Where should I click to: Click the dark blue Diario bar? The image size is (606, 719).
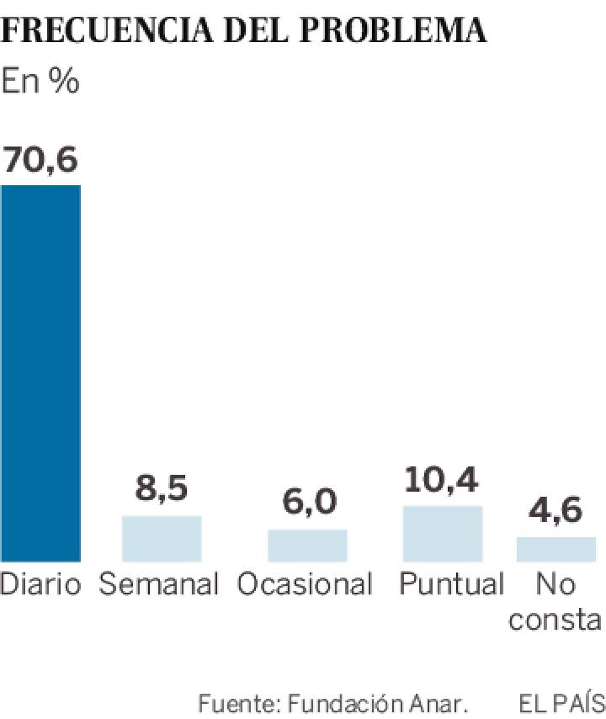tap(40, 373)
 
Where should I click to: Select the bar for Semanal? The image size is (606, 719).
tap(162, 538)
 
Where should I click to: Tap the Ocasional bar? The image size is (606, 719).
tap(307, 545)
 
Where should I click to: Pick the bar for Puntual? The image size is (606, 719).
tap(443, 533)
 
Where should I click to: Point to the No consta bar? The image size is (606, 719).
tap(556, 548)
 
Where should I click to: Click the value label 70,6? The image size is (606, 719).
tap(40, 158)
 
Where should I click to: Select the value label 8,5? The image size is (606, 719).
tap(162, 489)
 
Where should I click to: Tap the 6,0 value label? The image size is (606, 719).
tap(307, 503)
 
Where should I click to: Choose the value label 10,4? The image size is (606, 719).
tap(443, 479)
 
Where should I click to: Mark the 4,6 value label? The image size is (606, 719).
tap(556, 511)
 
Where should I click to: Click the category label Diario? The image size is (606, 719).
tap(40, 583)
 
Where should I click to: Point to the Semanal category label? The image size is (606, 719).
tap(159, 583)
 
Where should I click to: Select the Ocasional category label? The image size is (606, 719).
tap(305, 583)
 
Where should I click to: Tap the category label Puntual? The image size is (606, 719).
tap(451, 583)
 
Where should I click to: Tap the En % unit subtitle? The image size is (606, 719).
tap(40, 82)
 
